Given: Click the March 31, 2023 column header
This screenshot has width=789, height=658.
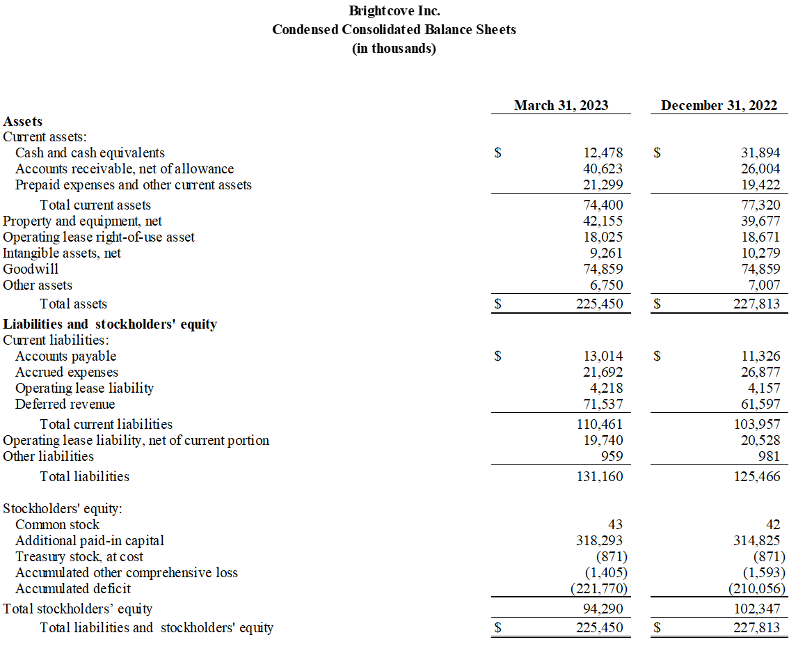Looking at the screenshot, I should point(561,105).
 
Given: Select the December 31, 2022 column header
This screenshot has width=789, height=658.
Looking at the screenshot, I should point(719,105).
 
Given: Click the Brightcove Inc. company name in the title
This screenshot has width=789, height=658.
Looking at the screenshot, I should point(394,11).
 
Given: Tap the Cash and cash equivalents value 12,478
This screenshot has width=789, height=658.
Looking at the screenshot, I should point(603,152).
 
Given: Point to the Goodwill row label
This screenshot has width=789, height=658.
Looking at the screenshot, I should point(31,269).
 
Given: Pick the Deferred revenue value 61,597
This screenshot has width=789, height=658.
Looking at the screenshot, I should point(760,404).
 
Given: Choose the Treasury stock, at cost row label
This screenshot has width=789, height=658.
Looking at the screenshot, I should point(79,556).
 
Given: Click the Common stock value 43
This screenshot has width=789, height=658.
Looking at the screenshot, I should point(615,524).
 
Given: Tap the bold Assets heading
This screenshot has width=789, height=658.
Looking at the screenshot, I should point(23,121).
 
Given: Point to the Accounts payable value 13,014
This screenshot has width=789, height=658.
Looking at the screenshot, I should point(603,356).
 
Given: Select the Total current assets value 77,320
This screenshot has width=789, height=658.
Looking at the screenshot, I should point(760,205).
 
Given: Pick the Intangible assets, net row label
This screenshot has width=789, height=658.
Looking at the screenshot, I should point(62,253).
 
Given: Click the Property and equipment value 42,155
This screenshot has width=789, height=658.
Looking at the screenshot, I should point(603,221).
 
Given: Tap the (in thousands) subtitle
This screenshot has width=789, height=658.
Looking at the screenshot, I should point(394,48).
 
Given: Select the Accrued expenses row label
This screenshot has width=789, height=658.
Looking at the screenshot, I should point(67,372).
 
